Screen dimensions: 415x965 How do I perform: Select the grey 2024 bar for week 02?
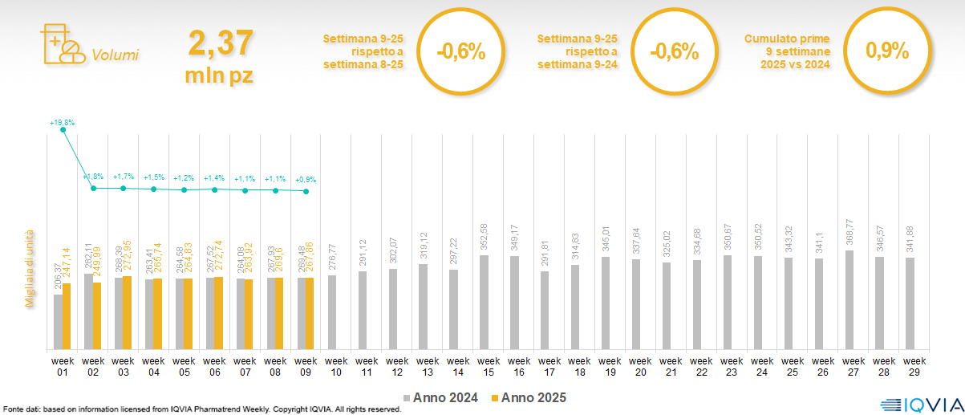88,311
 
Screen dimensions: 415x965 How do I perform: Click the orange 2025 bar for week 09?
310,313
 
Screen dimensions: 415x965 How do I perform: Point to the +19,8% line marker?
63,130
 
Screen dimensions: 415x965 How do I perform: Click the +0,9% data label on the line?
306,179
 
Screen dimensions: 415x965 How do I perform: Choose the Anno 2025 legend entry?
529,397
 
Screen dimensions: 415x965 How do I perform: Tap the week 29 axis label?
910,365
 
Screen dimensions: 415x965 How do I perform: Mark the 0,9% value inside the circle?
887,51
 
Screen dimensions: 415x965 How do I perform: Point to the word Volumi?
115,56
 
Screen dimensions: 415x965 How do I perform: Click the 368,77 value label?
849,234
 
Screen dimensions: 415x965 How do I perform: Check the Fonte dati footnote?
201,409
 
